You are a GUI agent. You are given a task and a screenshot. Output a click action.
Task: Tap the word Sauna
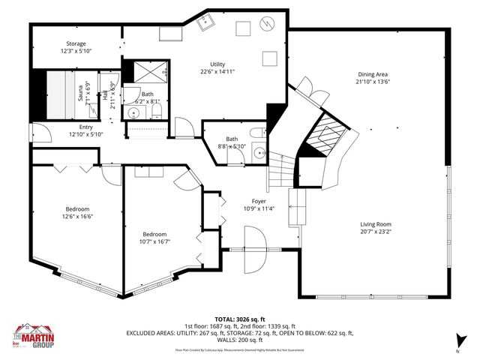coord(79,94)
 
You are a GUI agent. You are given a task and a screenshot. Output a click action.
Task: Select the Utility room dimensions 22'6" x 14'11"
coord(218,72)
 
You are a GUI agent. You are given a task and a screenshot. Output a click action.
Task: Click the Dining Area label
coord(372,74)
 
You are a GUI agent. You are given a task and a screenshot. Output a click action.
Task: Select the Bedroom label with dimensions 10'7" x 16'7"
coord(154,234)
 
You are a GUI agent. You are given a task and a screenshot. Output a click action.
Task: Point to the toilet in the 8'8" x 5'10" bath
coord(256,133)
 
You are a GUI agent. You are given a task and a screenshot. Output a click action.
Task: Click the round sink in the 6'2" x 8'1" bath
coord(133,114)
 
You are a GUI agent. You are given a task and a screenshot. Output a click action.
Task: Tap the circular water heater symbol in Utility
coord(268,25)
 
